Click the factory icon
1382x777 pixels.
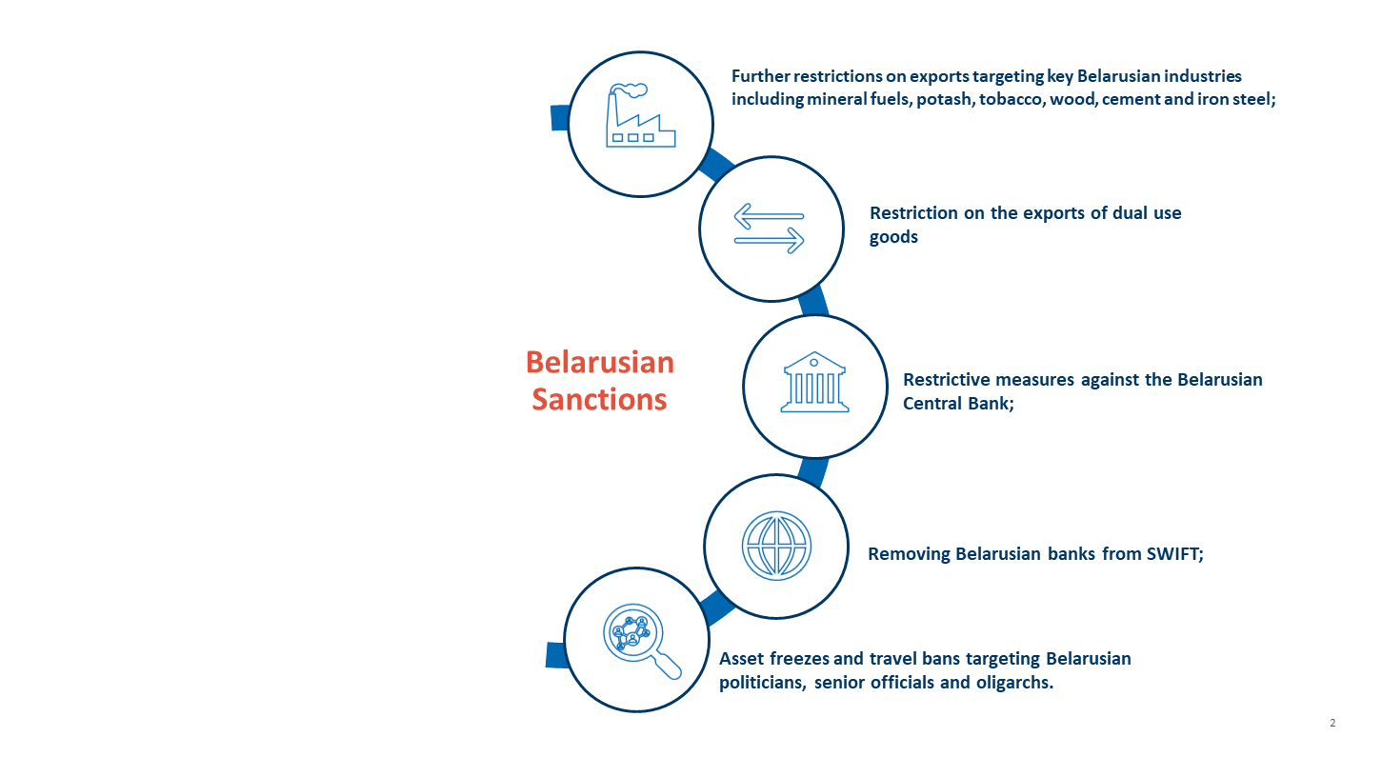(x=640, y=118)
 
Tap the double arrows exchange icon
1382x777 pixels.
(x=770, y=229)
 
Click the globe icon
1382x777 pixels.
(x=776, y=546)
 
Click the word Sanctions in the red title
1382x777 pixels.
(x=599, y=398)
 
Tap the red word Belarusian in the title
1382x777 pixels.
(x=600, y=362)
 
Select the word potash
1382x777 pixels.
(x=944, y=99)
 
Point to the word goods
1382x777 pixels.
(x=893, y=237)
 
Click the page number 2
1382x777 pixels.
(x=1332, y=724)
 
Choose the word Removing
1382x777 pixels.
(x=909, y=554)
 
